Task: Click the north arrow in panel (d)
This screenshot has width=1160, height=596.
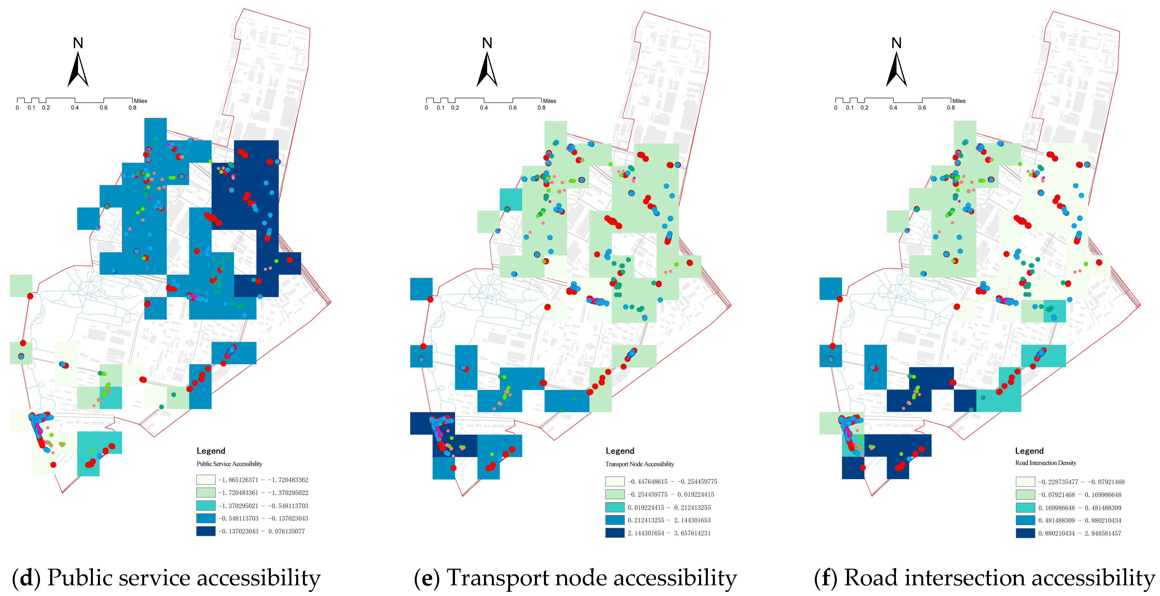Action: [x=78, y=70]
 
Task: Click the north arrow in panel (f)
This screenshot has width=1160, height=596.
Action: [x=896, y=70]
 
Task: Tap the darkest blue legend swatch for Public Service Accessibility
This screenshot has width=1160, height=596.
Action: [x=206, y=531]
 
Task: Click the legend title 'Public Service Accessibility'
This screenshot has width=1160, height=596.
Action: [x=229, y=464]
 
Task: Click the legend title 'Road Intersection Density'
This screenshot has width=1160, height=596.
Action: [x=1046, y=463]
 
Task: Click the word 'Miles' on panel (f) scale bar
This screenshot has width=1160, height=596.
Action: [x=959, y=101]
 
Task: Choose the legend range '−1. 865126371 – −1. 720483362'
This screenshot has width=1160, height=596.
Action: [x=263, y=480]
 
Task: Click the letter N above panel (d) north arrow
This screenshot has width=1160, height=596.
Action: [x=78, y=43]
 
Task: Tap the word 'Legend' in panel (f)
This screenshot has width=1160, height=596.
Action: [x=1029, y=451]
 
